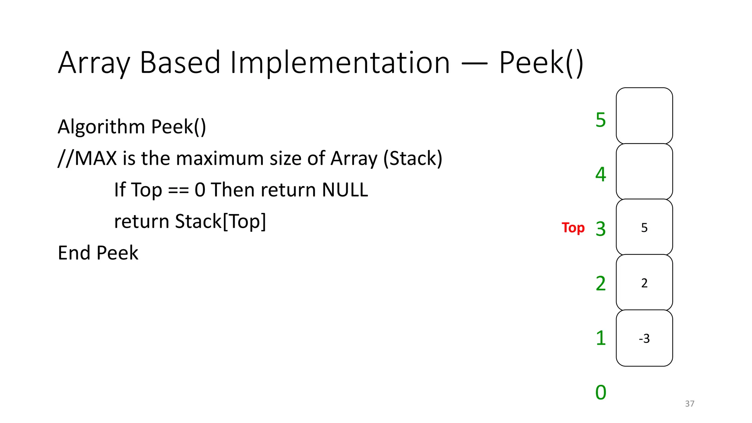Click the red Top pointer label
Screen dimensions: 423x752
(573, 228)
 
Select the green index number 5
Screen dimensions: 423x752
(601, 120)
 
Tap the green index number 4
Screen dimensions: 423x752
(601, 174)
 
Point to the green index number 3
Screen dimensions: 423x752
(601, 229)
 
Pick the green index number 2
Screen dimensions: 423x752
(601, 283)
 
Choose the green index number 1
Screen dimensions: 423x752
(601, 338)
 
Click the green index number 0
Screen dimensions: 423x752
(601, 392)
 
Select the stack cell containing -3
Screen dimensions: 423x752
(644, 338)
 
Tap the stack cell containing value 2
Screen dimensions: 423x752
(644, 283)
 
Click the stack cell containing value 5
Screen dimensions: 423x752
(644, 227)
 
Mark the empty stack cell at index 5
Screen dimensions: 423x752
(644, 116)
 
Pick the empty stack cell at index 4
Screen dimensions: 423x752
(644, 171)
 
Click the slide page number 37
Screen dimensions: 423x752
(690, 404)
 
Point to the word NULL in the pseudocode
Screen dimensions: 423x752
(345, 190)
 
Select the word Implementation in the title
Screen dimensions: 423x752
(340, 63)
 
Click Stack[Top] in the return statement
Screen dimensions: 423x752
(220, 221)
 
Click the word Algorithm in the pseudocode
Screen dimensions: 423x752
(101, 127)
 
